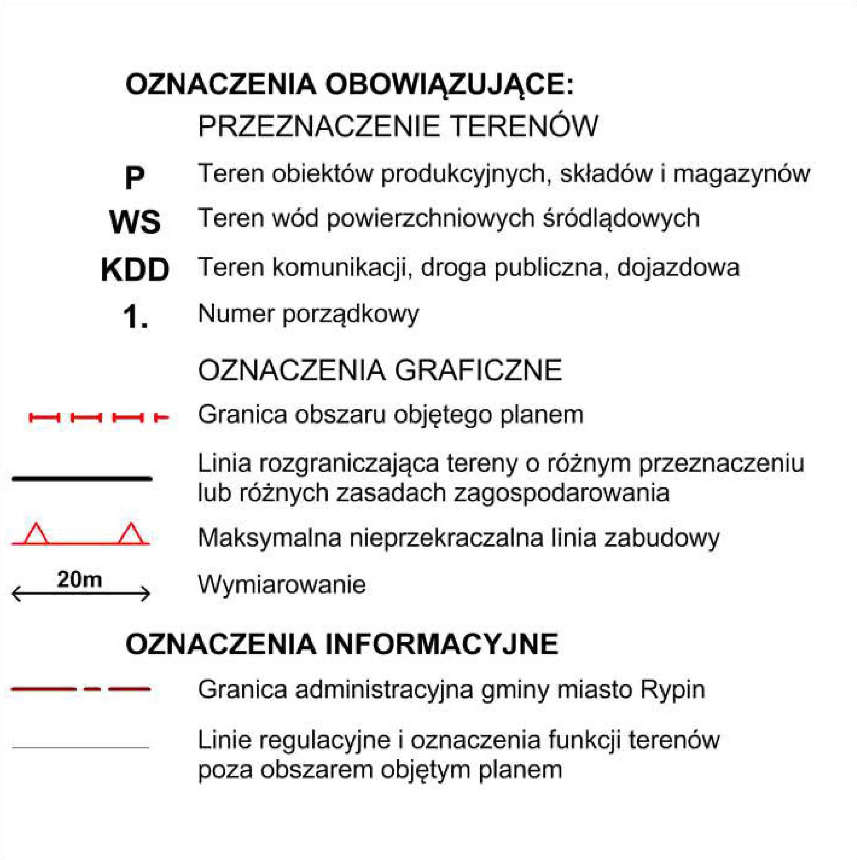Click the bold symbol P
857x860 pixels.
pos(134,178)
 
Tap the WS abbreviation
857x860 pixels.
pos(134,222)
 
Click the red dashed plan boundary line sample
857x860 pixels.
pos(98,417)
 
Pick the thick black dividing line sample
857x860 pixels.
pos(82,478)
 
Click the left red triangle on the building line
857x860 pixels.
pos(36,534)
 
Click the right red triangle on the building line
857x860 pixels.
pos(131,534)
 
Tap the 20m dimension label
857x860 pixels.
pos(79,580)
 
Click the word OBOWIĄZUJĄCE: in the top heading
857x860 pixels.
pos(449,85)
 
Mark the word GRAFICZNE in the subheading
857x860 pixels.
pos(478,370)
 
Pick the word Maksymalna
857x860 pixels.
pos(270,538)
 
